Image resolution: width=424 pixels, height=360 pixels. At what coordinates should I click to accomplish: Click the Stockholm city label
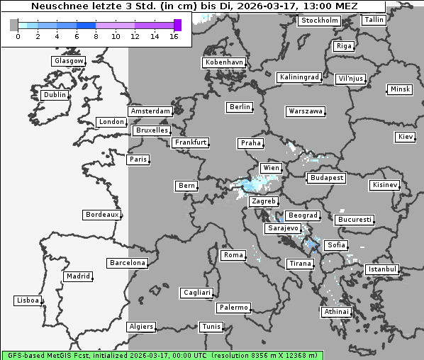(319, 21)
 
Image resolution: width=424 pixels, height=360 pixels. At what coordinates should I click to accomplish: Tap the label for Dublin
(55, 95)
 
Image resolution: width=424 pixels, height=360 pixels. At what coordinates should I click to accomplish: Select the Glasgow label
(69, 61)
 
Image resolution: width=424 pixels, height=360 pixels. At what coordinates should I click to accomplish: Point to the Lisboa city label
(28, 300)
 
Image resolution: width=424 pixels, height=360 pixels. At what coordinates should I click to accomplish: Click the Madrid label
(78, 276)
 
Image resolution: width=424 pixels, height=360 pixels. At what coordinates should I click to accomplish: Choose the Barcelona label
(128, 263)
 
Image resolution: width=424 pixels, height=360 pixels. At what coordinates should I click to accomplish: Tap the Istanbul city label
(382, 270)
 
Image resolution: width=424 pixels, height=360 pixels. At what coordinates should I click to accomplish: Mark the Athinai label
(336, 312)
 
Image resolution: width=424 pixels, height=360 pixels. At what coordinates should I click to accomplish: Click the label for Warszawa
(306, 111)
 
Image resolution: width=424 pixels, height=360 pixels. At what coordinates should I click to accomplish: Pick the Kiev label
(406, 136)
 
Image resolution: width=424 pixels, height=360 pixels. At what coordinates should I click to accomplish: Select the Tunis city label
(211, 327)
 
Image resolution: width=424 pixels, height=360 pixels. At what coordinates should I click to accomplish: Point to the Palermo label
(233, 308)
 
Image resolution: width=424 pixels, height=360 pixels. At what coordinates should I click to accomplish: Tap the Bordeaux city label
(101, 214)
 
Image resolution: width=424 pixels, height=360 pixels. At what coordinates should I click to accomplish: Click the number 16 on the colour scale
(174, 36)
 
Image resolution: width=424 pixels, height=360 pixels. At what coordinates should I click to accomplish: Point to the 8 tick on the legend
(96, 36)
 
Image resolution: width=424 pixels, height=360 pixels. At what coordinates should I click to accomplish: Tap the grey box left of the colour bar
(14, 25)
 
